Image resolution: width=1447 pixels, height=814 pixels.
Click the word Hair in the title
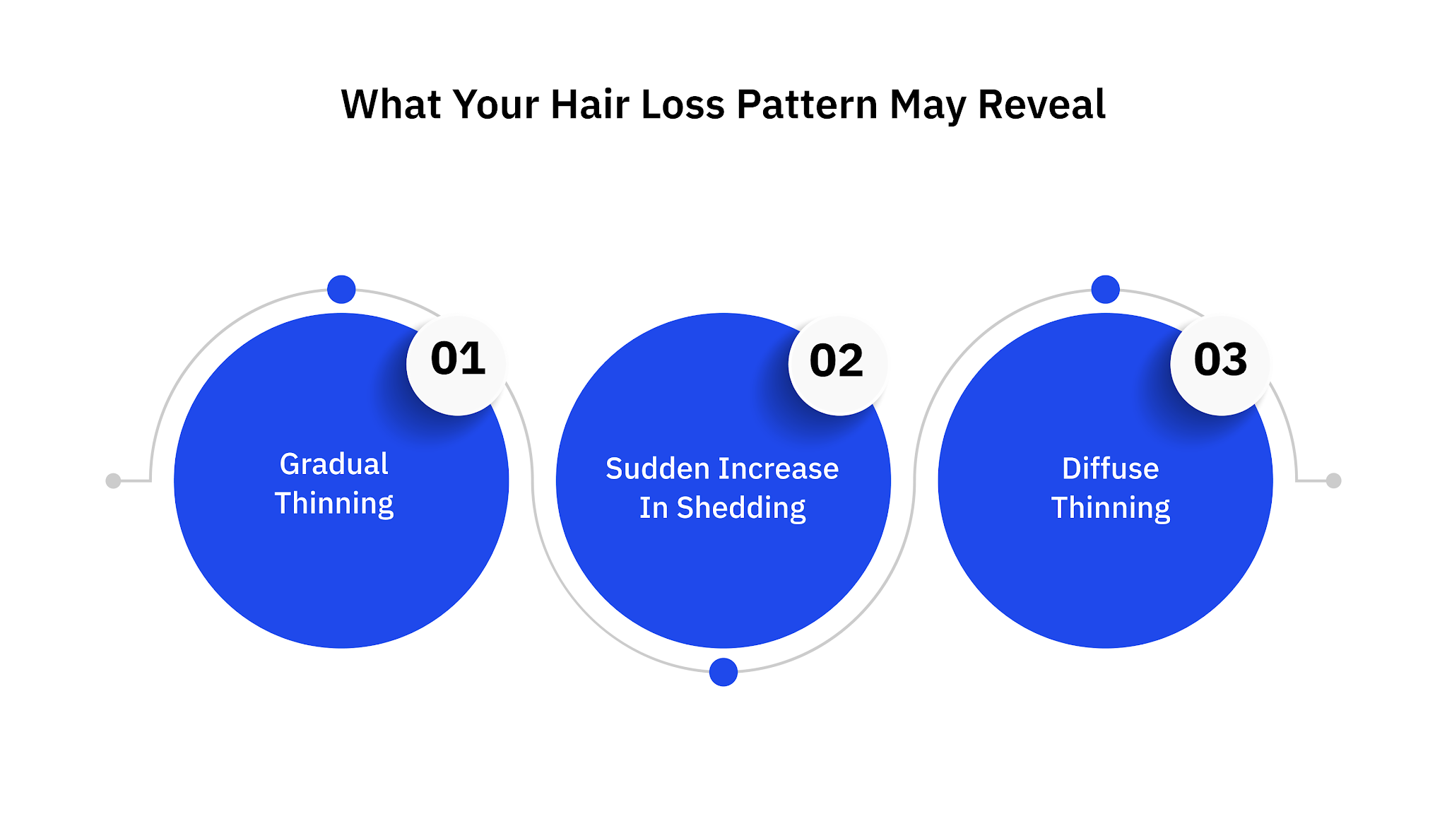point(589,105)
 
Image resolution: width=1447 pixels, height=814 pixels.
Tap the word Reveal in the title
point(1041,105)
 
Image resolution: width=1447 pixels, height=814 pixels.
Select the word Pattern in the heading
point(807,105)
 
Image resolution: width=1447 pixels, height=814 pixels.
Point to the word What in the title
point(391,105)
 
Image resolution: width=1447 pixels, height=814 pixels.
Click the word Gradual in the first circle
point(334,464)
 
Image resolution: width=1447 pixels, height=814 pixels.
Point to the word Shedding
point(740,509)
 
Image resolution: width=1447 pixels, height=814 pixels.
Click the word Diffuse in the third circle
point(1110,469)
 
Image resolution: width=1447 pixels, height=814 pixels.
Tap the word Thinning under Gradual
point(334,505)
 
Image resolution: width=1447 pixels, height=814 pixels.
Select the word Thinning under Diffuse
point(1110,509)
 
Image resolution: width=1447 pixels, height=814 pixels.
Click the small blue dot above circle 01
point(341,289)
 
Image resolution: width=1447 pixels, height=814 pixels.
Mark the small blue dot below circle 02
point(723,672)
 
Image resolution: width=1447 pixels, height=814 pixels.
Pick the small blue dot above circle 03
point(1106,289)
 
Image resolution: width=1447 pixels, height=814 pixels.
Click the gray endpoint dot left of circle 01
point(113,480)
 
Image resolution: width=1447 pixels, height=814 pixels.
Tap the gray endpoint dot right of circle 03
point(1334,480)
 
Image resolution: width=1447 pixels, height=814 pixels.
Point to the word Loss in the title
point(683,105)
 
